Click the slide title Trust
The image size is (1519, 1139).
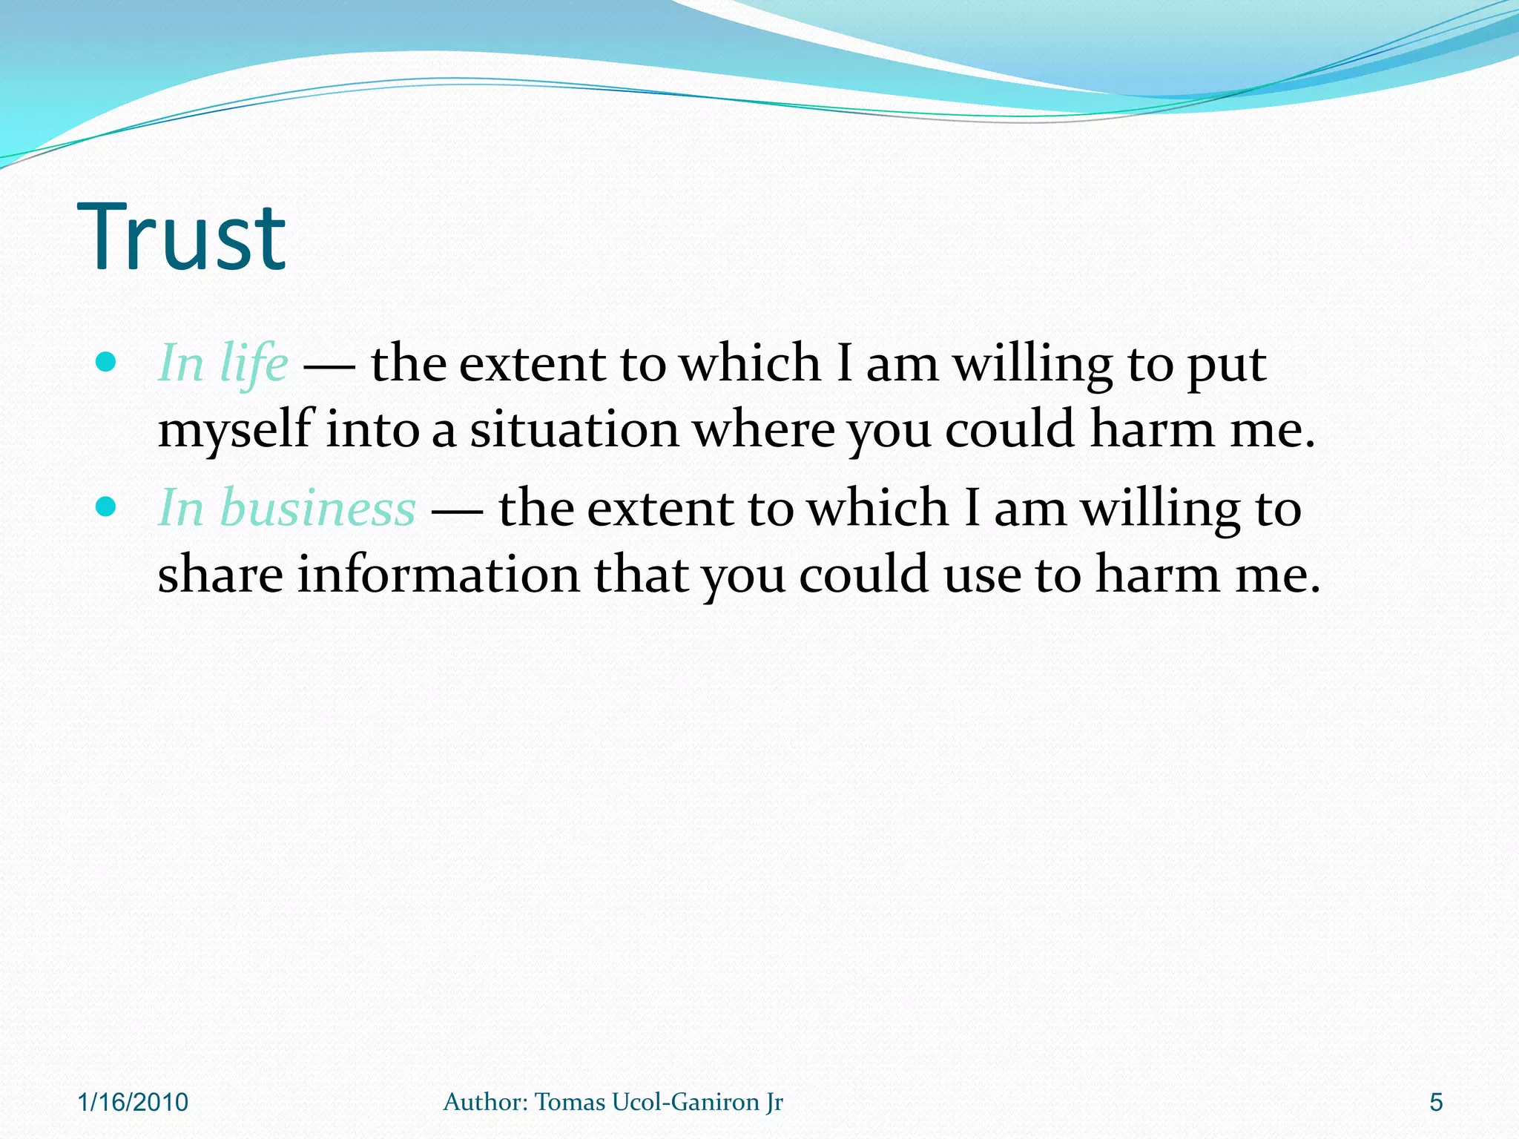click(x=182, y=237)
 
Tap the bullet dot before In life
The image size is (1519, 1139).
click(x=107, y=363)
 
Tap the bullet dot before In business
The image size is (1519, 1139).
click(x=107, y=507)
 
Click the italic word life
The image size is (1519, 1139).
click(x=254, y=364)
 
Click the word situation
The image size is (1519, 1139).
click(x=574, y=430)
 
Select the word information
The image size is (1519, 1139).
click(x=438, y=575)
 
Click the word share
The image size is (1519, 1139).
click(x=220, y=575)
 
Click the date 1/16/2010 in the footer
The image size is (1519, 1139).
click(x=134, y=1103)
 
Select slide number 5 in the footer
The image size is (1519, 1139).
click(x=1436, y=1103)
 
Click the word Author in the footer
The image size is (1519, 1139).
click(x=485, y=1102)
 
